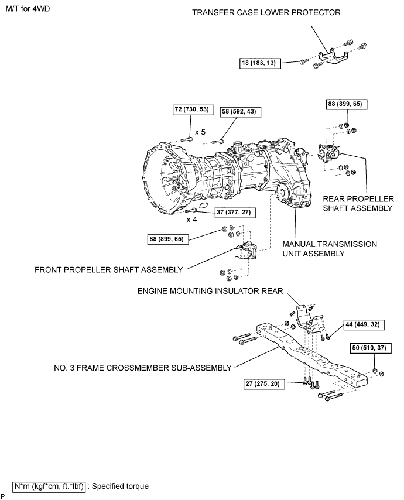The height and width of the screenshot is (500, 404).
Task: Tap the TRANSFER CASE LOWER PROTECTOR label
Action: point(266,12)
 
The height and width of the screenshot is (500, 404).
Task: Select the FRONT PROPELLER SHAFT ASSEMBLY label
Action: point(108,270)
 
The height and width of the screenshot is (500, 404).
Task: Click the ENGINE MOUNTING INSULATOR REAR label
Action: point(210,291)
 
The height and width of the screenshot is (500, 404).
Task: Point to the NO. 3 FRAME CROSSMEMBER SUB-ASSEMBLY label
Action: point(142,368)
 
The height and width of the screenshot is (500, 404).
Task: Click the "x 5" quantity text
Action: point(200,132)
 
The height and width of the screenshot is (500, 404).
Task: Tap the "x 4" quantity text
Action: point(191,220)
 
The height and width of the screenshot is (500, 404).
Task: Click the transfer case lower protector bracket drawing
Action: point(333,58)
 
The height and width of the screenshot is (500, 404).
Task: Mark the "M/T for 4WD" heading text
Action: point(28,9)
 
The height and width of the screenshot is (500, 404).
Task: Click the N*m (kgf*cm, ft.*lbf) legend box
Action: point(49,487)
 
